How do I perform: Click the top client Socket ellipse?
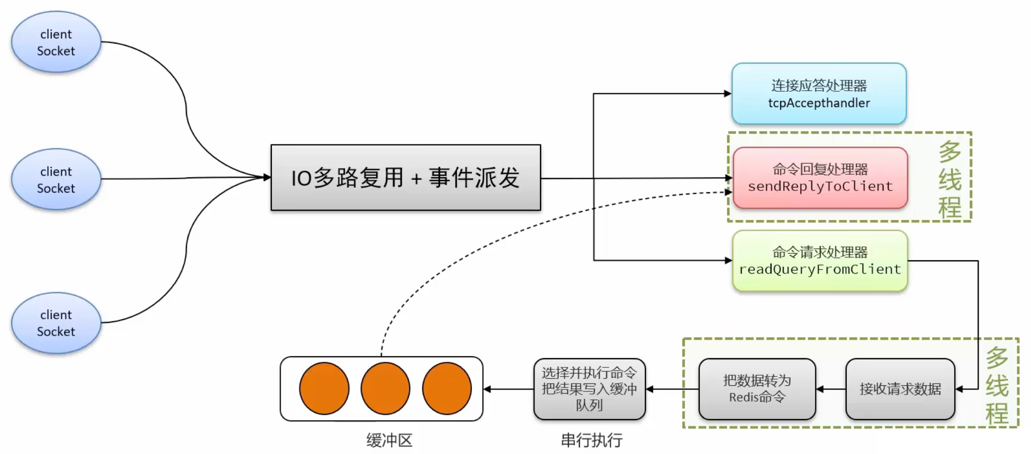tap(56, 42)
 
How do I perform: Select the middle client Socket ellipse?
tap(56, 179)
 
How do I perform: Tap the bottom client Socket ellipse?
tap(56, 323)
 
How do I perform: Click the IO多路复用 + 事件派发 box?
tap(405, 178)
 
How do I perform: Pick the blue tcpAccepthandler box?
tap(819, 94)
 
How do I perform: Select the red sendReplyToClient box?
tap(820, 178)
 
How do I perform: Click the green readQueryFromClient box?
tap(820, 261)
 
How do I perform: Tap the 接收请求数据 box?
tap(900, 389)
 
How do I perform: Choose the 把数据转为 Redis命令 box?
tap(757, 389)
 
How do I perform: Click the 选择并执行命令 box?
tap(589, 389)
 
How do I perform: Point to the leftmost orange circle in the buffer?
tap(324, 388)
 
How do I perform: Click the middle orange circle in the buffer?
tap(385, 388)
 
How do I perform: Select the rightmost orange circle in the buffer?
tap(447, 388)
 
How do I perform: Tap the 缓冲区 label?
tap(389, 440)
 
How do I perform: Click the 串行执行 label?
tap(592, 440)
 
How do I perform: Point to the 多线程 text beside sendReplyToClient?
tap(950, 179)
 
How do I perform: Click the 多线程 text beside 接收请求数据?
tap(997, 386)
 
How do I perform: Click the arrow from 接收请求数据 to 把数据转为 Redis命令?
tap(831, 389)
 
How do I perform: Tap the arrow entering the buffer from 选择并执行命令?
tap(508, 389)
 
